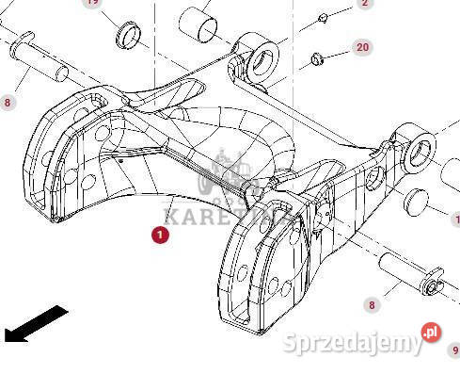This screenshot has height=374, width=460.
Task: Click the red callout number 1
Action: coord(161,236)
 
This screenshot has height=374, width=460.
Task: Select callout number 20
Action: coord(362,46)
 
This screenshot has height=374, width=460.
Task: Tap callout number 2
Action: coord(364,3)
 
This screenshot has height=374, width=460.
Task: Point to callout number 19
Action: coord(91,3)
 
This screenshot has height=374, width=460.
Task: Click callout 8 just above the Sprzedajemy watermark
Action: coord(372,304)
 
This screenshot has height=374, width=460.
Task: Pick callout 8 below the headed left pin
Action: coord(8,102)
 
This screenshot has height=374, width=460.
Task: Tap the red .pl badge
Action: coord(431,332)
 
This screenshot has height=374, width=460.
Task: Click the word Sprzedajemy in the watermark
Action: coord(354,343)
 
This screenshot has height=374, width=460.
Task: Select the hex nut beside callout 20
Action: coord(318,61)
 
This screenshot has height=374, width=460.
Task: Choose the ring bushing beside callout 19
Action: coord(127,38)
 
